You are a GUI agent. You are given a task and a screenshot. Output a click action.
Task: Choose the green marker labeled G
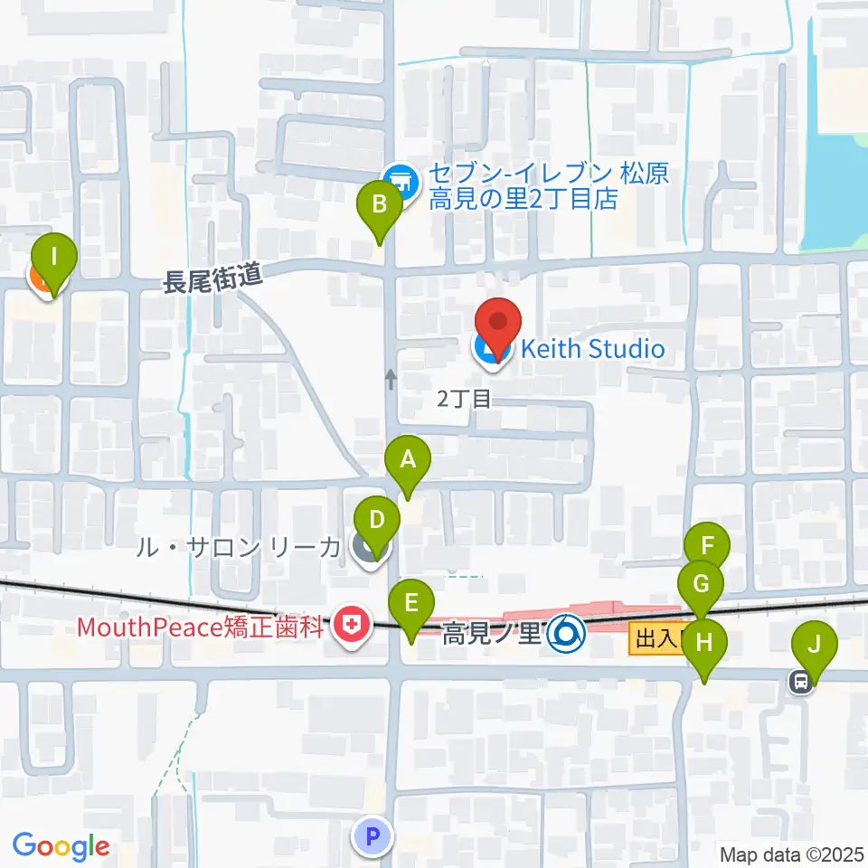click(701, 584)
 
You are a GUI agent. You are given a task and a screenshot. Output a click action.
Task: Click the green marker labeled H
click(704, 644)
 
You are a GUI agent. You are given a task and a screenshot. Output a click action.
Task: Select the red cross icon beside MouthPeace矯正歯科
click(351, 625)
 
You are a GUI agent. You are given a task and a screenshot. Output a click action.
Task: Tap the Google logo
click(61, 846)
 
